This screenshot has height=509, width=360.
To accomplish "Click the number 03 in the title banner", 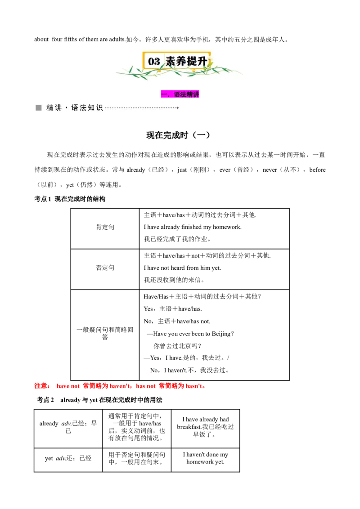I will [154, 62].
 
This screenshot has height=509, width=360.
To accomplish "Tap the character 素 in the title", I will [171, 62].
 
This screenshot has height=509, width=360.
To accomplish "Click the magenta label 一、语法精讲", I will [180, 94].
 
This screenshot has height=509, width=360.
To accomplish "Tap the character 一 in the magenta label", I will [164, 94].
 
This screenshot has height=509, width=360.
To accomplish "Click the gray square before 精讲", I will [39, 108].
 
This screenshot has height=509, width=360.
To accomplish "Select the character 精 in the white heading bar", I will [49, 108].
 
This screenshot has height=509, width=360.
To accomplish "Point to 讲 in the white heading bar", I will [58, 108].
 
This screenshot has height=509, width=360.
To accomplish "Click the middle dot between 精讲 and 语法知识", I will [66, 108].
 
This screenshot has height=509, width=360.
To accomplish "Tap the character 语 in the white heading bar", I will [75, 108].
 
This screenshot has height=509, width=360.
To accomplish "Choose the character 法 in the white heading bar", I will [83, 108].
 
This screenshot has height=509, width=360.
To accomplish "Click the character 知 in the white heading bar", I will [92, 108].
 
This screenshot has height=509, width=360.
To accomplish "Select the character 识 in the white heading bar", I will [100, 108].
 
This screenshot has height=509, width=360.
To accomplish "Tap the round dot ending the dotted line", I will [178, 108].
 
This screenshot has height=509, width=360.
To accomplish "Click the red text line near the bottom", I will [119, 385].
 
